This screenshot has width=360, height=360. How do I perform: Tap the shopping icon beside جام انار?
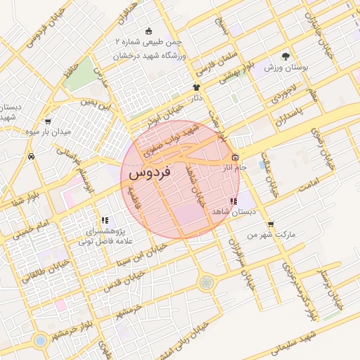[x=235, y=157]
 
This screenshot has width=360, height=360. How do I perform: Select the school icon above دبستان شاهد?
[x=233, y=201]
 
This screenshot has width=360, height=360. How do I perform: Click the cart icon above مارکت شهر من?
[x=271, y=224]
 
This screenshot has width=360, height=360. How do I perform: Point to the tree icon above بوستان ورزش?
[x=285, y=57]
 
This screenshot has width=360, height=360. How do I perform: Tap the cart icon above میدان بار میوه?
[x=47, y=121]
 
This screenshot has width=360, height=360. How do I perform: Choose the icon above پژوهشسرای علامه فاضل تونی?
[x=105, y=220]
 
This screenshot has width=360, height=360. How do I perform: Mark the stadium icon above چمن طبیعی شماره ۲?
[x=148, y=32]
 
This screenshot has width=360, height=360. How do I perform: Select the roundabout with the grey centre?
[x=206, y=283]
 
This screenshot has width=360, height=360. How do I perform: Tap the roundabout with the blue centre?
[x=40, y=340]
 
